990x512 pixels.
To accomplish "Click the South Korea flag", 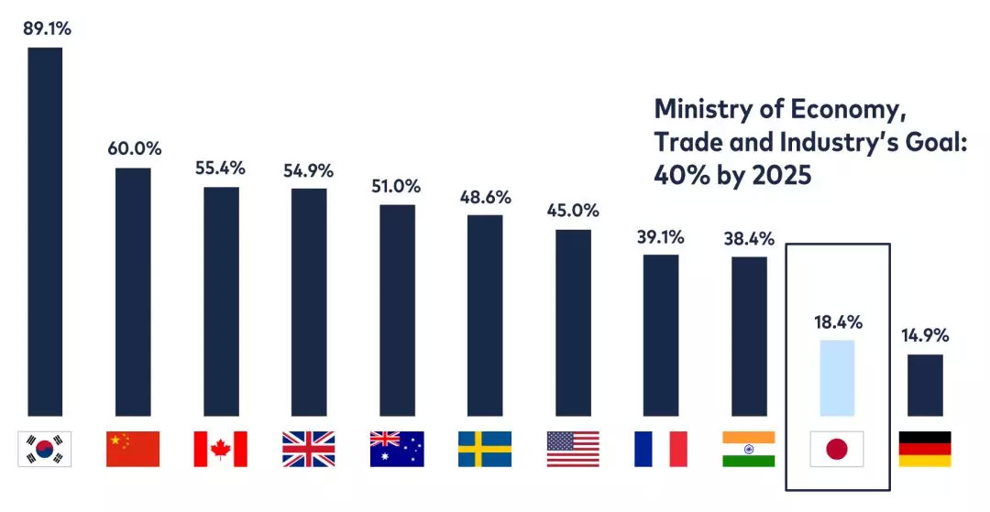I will tap(45, 449).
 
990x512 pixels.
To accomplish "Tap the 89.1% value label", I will tap(45, 28).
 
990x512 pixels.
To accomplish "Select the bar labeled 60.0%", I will tap(133, 291).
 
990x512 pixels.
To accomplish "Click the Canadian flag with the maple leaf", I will tap(221, 449).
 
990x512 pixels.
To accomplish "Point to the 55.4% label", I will tap(221, 169).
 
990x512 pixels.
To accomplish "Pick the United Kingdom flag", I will tap(309, 449).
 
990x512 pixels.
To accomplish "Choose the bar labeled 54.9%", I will tap(309, 302).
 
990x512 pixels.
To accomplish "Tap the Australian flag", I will tap(397, 449).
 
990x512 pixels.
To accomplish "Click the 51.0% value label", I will tap(397, 186).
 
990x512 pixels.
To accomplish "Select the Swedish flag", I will tap(485, 449).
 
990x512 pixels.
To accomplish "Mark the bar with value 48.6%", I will tap(485, 315).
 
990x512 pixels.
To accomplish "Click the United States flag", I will tap(573, 449).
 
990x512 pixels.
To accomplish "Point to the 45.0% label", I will tap(573, 211).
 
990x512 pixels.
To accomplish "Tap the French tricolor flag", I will tap(661, 449).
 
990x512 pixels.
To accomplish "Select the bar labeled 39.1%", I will tap(661, 334).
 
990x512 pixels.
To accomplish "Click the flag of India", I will tap(749, 449).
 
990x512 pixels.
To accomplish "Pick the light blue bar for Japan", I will tap(837, 377).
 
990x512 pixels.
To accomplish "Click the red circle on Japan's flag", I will tap(837, 449).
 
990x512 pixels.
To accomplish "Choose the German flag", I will tap(925, 449).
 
